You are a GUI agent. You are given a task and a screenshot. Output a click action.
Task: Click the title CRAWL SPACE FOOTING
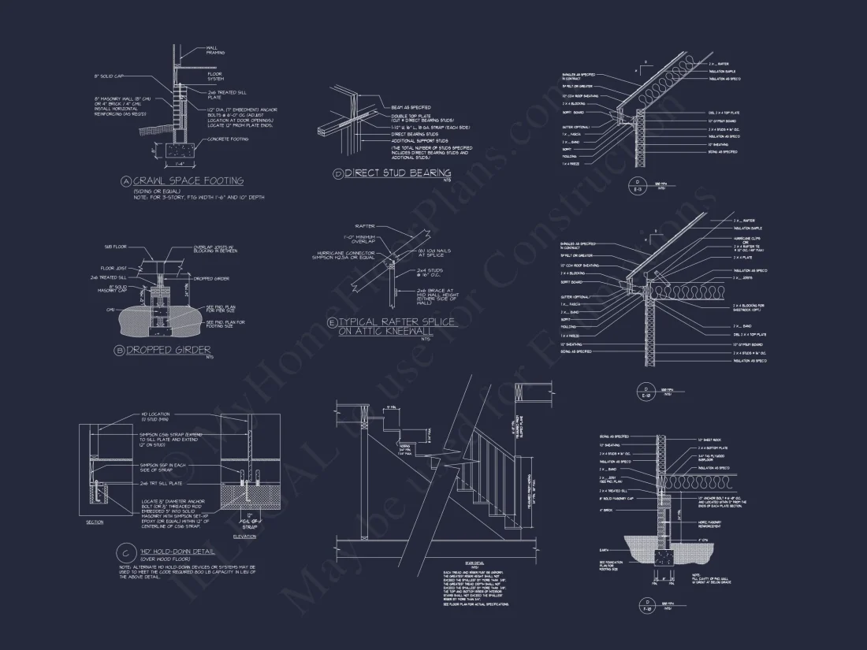click(x=188, y=181)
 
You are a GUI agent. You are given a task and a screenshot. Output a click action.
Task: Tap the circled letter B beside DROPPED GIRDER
click(x=120, y=350)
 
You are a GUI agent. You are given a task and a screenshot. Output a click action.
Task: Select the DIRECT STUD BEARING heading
click(x=398, y=173)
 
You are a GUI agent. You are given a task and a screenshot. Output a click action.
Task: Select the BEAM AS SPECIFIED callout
click(x=411, y=107)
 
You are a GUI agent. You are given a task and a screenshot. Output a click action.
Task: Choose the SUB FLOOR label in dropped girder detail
click(x=114, y=247)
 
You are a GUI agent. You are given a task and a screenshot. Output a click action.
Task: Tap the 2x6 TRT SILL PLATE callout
click(x=155, y=483)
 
